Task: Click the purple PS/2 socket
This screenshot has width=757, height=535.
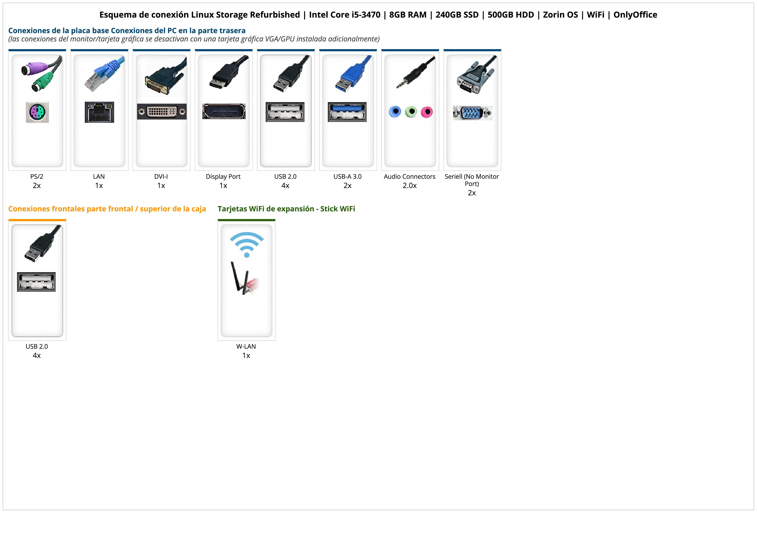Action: coord(37,112)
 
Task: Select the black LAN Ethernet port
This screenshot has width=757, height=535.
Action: coord(99,112)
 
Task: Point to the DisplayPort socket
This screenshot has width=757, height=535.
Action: coord(224,111)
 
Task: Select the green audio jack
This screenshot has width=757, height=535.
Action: coord(411,112)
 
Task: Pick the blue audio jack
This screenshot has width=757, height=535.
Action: coord(395,112)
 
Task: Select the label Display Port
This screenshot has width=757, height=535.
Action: coord(223,177)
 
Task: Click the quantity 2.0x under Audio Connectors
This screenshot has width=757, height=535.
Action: coord(410,186)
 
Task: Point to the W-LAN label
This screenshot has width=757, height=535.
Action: coord(246,346)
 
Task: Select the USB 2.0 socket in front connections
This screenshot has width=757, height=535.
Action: coord(36,282)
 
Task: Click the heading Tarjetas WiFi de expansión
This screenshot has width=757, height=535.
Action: coord(266,209)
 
